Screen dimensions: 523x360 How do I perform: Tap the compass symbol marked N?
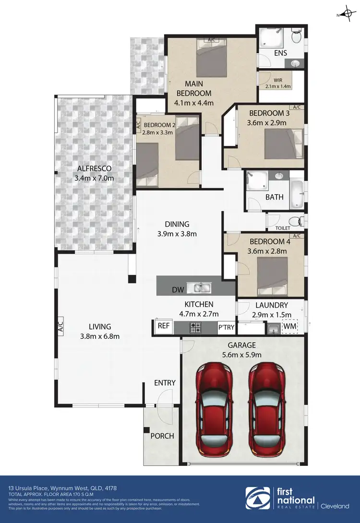coord(347,14)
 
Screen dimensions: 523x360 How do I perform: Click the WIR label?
coord(278,80)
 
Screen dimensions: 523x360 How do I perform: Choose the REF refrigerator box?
coord(164,326)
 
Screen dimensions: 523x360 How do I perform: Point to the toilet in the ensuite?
coord(297,36)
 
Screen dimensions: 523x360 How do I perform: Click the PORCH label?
coord(162,436)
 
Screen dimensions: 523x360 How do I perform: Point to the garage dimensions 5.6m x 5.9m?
coord(242,355)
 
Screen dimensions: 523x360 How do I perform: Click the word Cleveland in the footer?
coord(335,505)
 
